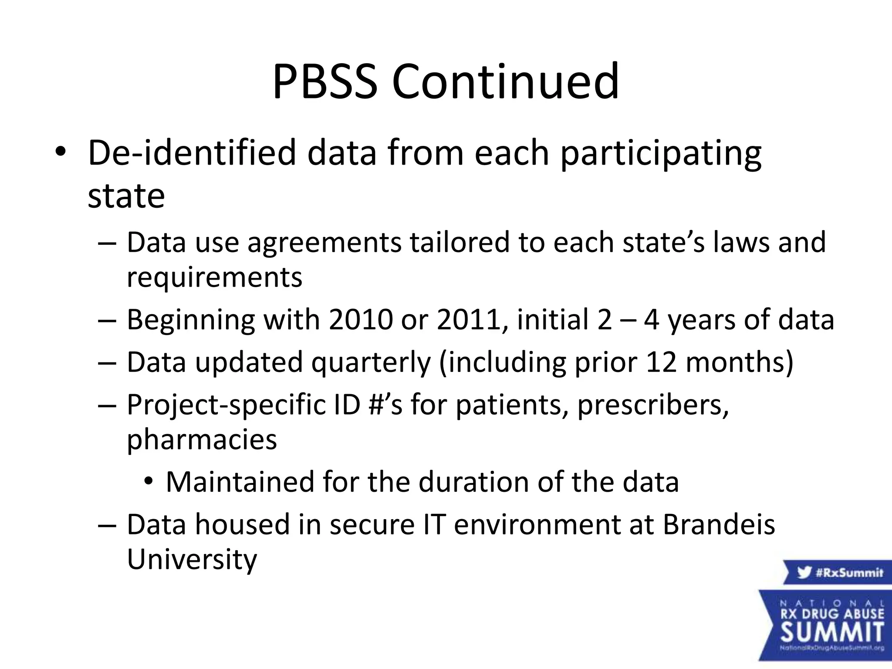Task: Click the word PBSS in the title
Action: pyautogui.click(x=325, y=81)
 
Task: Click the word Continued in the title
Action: pyautogui.click(x=505, y=81)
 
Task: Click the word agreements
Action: pyautogui.click(x=324, y=243)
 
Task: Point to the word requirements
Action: pyautogui.click(x=214, y=278)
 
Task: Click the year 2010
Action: pyautogui.click(x=361, y=320)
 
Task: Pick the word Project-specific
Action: pyautogui.click(x=226, y=405)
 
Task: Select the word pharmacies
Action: pyautogui.click(x=202, y=440)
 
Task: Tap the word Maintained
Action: pyautogui.click(x=240, y=482)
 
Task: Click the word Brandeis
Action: pyautogui.click(x=719, y=524)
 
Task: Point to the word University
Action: pyautogui.click(x=192, y=559)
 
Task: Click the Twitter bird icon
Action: pyautogui.click(x=804, y=572)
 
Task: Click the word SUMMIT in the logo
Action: pyautogui.click(x=832, y=632)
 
